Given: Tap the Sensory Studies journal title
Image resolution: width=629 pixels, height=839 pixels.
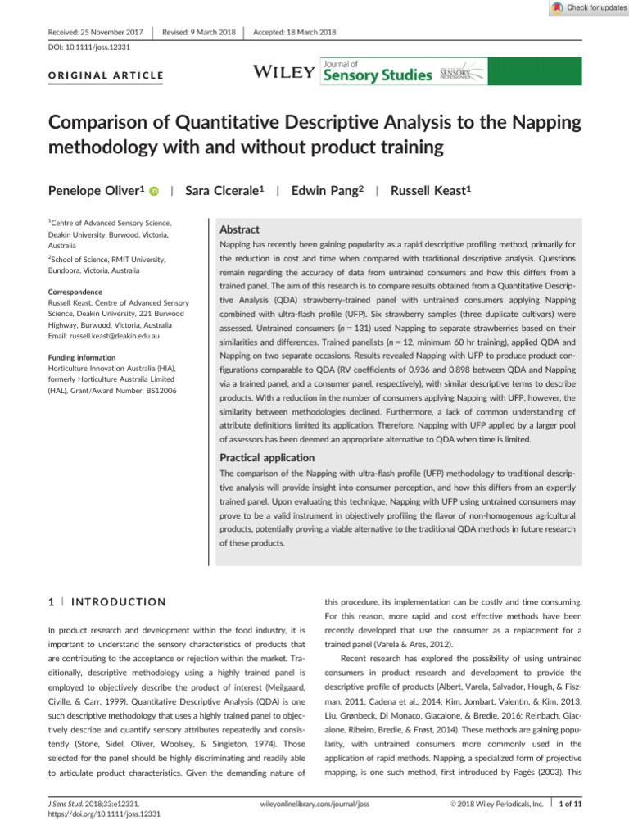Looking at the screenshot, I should click(x=378, y=76).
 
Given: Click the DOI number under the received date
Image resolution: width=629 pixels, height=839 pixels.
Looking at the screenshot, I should click(x=89, y=48).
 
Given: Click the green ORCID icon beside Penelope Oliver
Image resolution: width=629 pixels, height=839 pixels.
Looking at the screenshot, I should click(x=153, y=191).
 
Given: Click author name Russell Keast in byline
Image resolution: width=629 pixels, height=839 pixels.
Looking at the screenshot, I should click(x=431, y=190).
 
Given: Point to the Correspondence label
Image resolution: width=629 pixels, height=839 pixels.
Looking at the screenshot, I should click(x=75, y=292).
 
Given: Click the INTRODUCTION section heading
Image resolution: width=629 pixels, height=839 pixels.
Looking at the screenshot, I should click(x=118, y=602).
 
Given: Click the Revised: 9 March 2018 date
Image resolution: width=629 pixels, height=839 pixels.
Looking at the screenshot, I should click(x=199, y=32).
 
